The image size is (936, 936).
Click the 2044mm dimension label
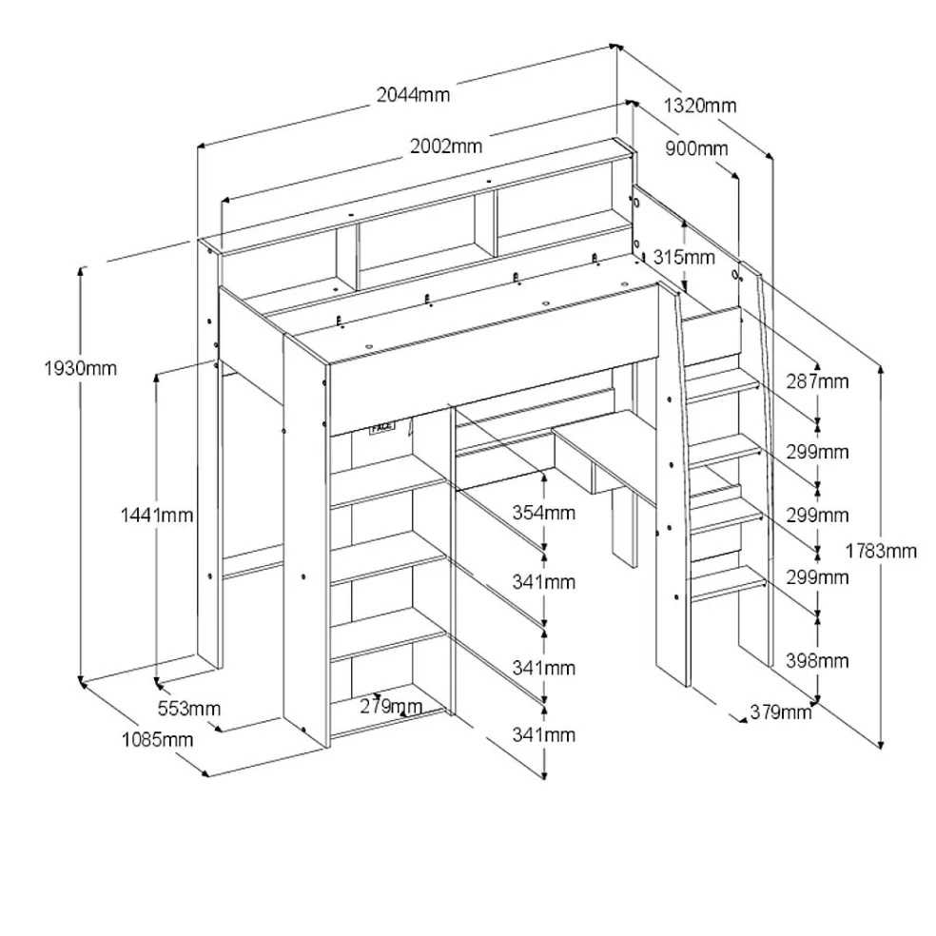point(413,94)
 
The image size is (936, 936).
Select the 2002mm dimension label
point(446,146)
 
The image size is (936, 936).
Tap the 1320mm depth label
point(700,106)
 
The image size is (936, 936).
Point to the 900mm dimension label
point(696,148)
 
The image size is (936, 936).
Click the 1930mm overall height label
point(80,368)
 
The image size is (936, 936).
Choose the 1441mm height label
point(157,515)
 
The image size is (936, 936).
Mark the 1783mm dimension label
point(881,551)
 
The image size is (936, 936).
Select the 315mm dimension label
point(684,257)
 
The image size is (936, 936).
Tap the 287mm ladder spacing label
point(817,380)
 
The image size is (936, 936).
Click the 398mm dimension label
point(817,661)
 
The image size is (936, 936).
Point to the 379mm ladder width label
point(780,712)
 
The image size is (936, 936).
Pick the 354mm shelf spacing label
point(544,513)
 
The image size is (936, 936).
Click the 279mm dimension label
point(391,707)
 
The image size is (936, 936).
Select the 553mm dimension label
point(189,709)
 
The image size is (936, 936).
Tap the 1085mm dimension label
point(158,740)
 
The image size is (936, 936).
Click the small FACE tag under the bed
point(382,427)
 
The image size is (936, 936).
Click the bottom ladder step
point(728,582)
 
